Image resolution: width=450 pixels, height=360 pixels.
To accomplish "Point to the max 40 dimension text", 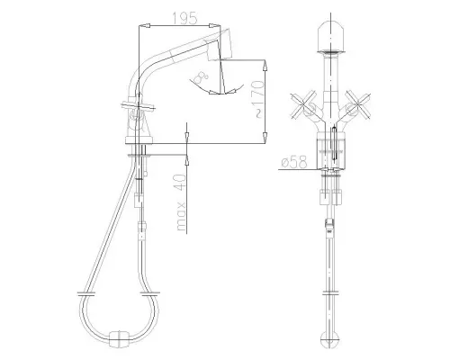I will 181,204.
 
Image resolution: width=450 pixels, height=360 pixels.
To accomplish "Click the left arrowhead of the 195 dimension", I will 139,29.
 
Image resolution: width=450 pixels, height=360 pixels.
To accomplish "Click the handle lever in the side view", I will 136,111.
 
